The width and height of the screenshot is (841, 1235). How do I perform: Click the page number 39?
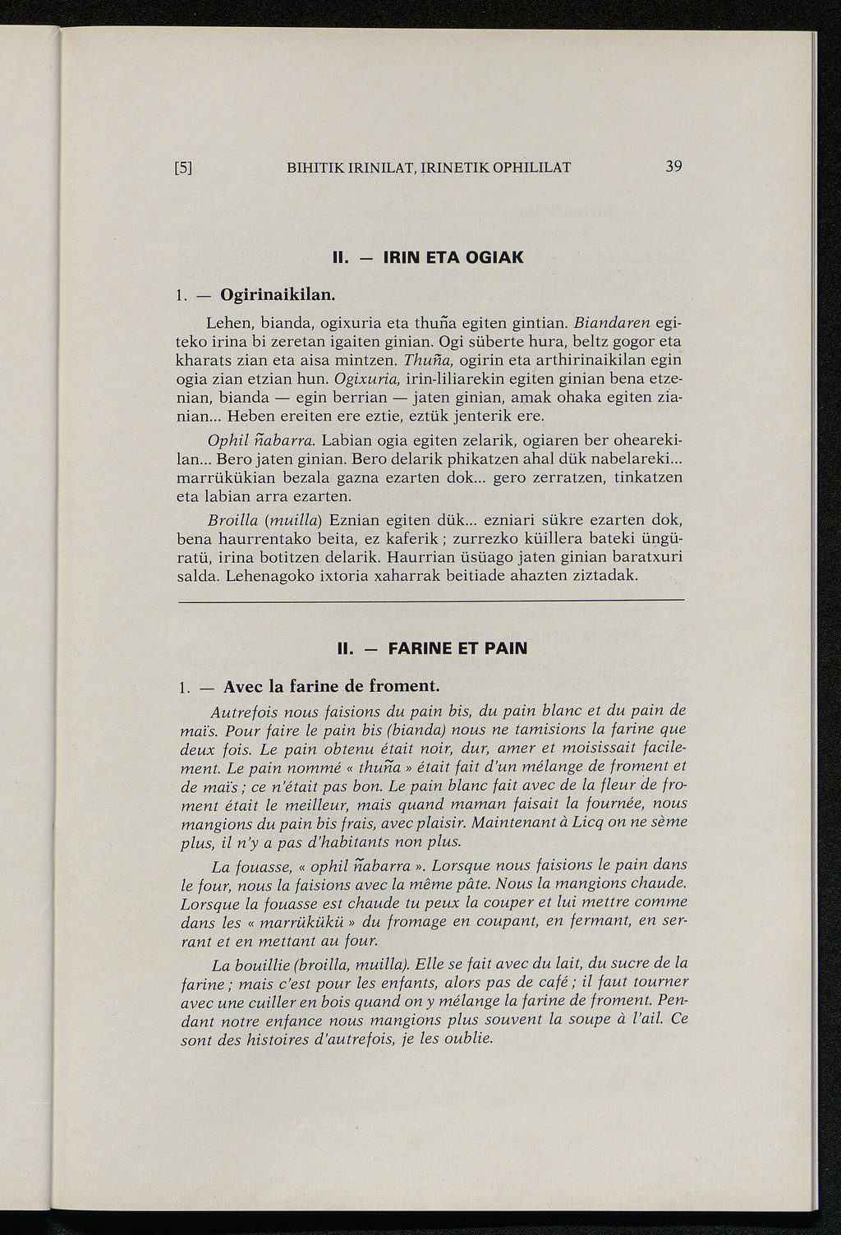pyautogui.click(x=673, y=167)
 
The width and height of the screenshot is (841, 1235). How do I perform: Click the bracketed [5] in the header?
pyautogui.click(x=183, y=168)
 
